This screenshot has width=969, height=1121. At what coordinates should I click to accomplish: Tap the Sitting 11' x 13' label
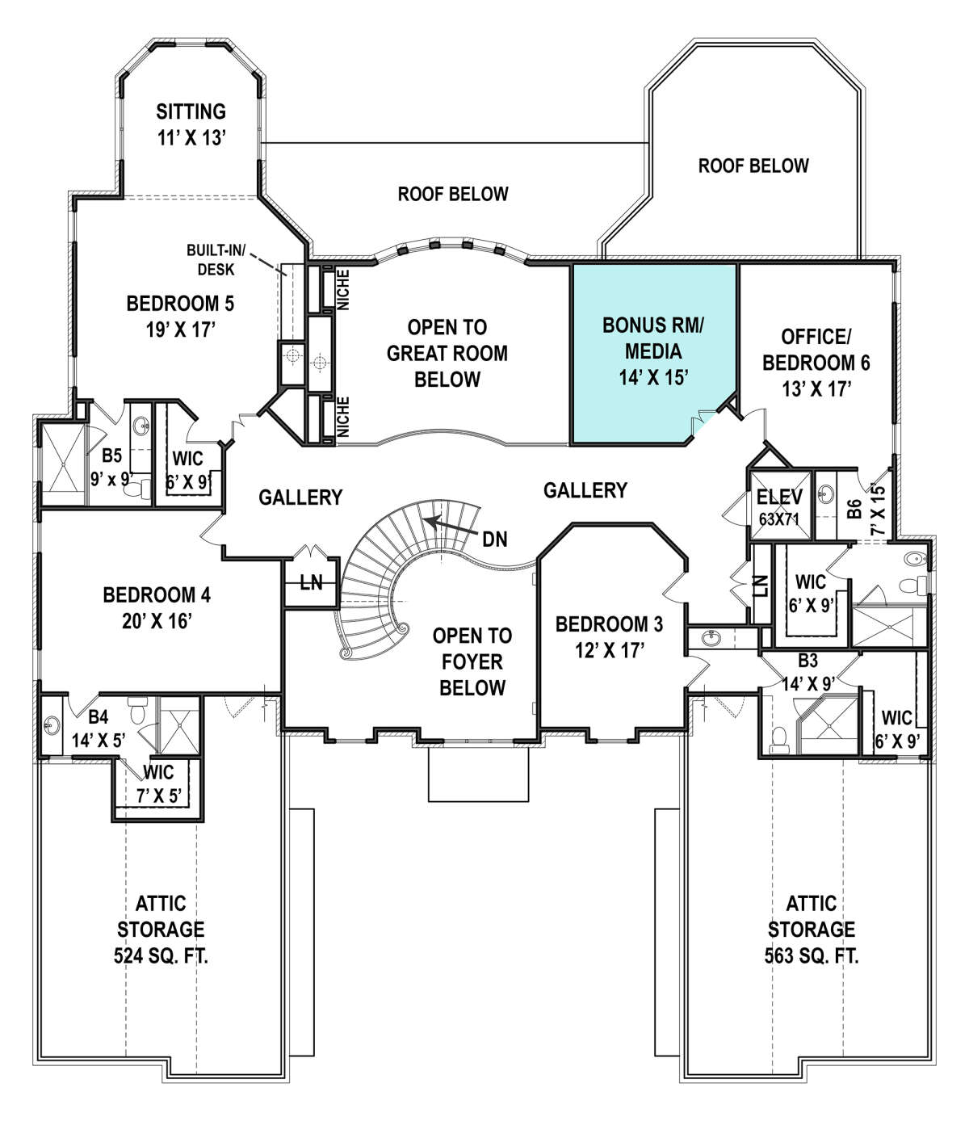click(191, 124)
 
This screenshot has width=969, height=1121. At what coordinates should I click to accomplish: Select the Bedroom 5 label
click(180, 316)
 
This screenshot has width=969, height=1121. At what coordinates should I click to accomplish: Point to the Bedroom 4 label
click(157, 607)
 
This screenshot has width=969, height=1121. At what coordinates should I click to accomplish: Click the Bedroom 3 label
click(609, 636)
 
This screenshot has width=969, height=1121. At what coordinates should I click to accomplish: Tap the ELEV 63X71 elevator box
click(779, 506)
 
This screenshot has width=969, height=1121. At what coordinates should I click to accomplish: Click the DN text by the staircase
click(495, 539)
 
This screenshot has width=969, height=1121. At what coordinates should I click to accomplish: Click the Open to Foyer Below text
click(472, 661)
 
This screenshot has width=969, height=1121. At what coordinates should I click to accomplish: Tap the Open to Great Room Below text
click(447, 353)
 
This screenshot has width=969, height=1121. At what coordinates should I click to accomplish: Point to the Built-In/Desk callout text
click(212, 258)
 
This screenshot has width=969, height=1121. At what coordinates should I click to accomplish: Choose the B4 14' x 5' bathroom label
click(98, 728)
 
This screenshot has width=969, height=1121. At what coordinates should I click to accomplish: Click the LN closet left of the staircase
click(311, 581)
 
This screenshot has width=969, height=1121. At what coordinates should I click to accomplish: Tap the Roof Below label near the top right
click(753, 166)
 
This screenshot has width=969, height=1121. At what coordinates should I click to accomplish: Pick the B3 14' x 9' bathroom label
click(808, 671)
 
